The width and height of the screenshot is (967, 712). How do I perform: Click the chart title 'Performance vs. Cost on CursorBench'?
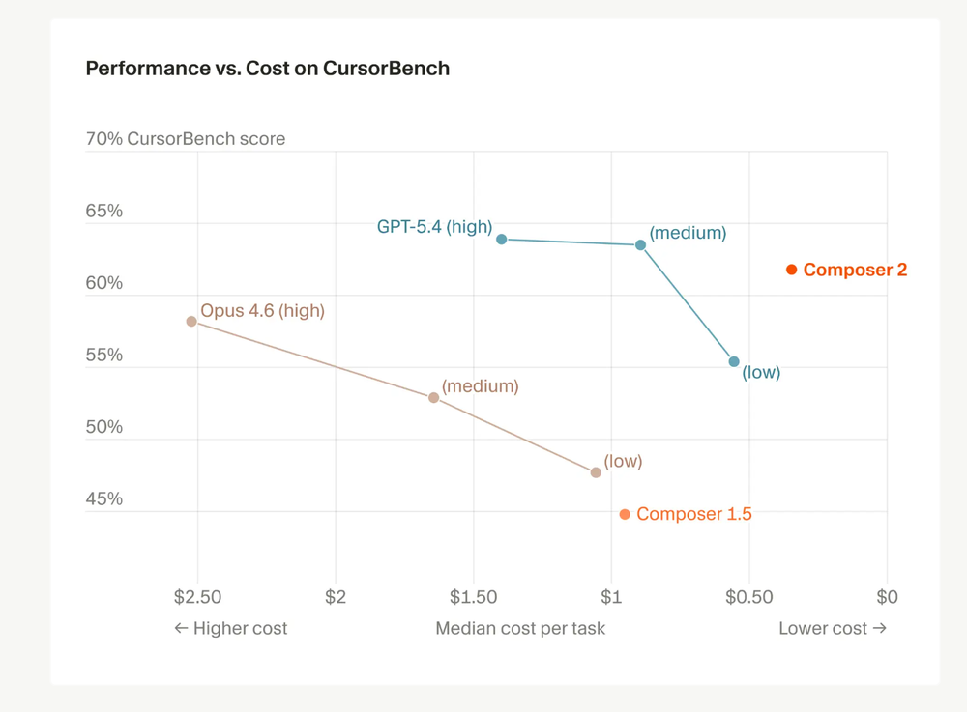pos(267,69)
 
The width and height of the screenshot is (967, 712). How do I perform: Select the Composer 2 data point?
pos(791,270)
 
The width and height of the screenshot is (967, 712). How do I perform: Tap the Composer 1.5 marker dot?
pos(625,514)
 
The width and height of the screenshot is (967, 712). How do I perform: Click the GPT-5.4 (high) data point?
pos(501,239)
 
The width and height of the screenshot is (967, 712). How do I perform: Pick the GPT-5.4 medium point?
pos(640,245)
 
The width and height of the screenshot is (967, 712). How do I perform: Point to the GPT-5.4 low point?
pos(734,362)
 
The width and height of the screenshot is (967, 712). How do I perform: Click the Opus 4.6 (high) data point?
pos(191,322)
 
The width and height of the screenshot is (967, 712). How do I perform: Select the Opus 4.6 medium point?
pos(433,398)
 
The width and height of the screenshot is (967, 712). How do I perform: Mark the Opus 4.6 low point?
pos(596,472)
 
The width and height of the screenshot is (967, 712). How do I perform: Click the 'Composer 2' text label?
pos(855,270)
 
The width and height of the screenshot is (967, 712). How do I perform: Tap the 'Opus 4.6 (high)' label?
pos(262,311)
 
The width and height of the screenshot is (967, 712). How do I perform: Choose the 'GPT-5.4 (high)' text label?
pos(434,227)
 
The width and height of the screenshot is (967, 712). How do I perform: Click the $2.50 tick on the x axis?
pos(197,597)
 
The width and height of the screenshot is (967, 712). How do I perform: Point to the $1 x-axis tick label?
pos(611,597)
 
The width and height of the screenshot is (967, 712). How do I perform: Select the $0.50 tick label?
pos(749,597)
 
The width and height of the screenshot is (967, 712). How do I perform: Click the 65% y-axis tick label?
pos(104,211)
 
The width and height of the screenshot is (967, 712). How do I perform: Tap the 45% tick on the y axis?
pos(104,498)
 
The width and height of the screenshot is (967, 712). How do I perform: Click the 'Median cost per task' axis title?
pos(520,628)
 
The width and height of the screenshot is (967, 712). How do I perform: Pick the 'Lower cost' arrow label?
pos(833,628)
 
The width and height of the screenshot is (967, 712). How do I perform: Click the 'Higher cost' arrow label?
pos(230,628)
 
